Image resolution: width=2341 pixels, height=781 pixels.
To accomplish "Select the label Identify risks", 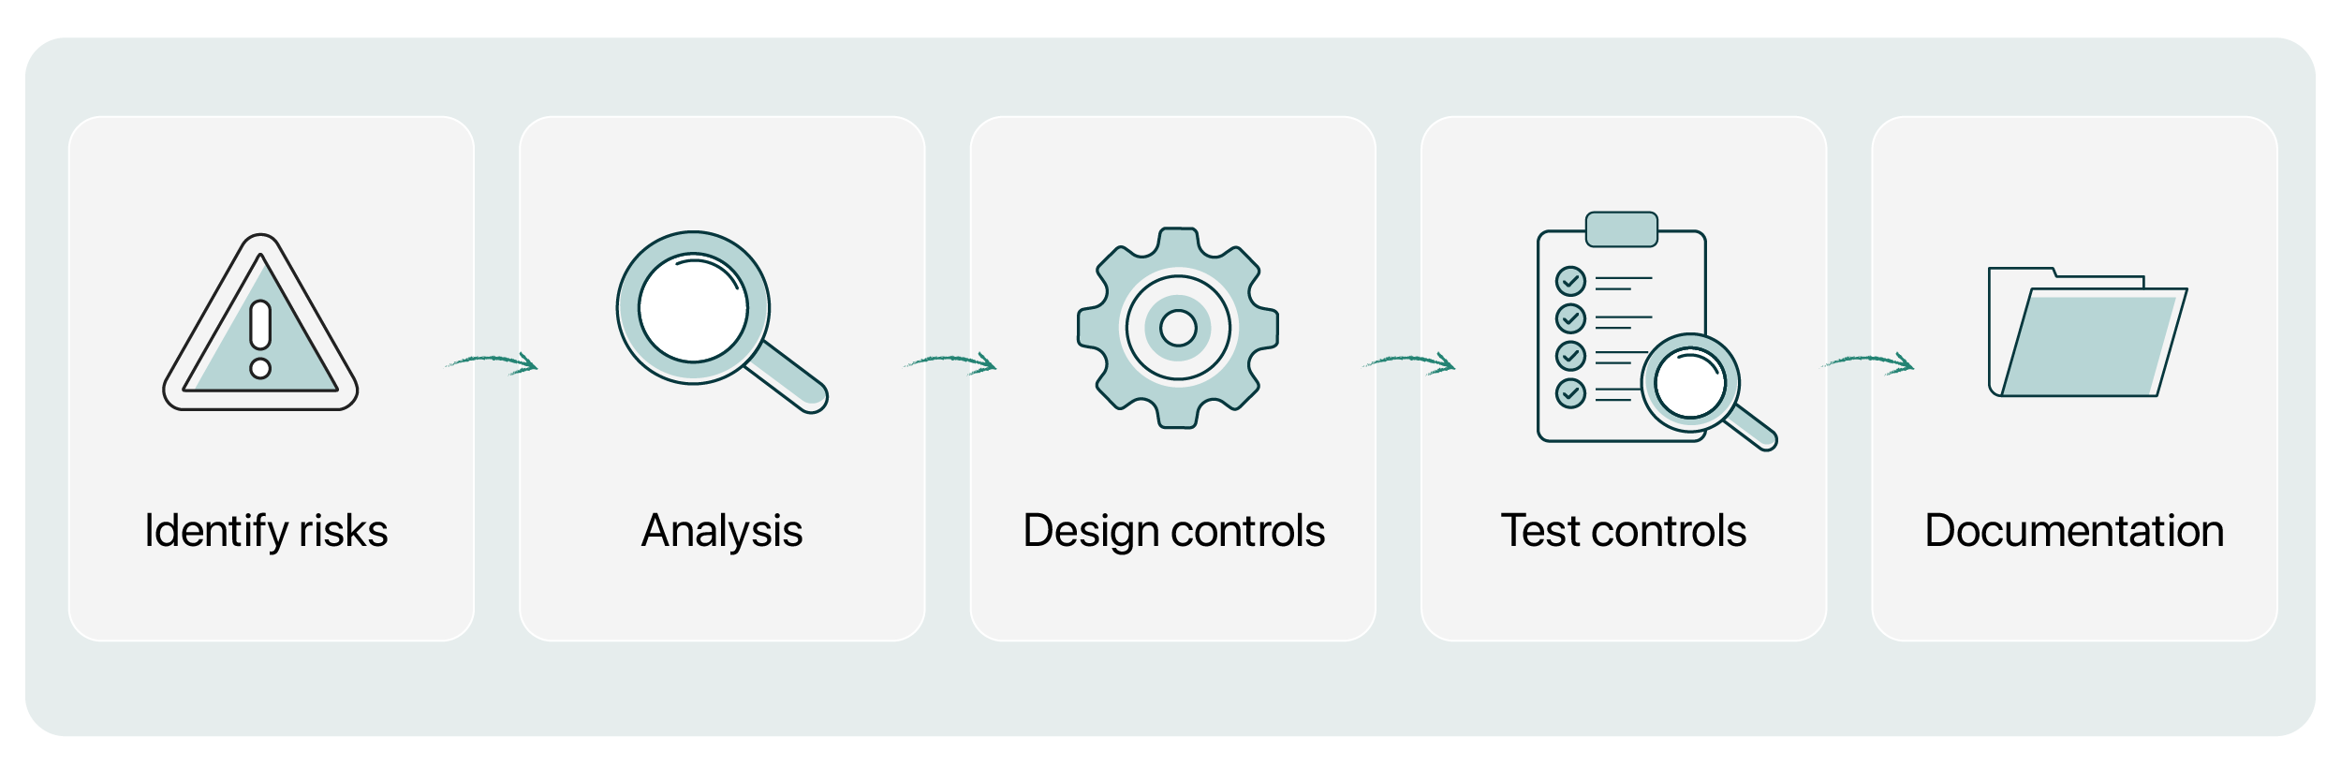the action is (266, 531).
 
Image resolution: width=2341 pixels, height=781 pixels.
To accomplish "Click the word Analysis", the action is (722, 531).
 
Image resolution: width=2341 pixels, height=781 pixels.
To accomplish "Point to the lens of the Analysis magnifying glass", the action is (693, 308).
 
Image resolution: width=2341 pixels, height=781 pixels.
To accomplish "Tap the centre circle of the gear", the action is (1178, 328).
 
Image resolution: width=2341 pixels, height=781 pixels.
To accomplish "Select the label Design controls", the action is (1174, 531).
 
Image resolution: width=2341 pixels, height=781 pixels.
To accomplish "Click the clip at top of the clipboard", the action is (1622, 229).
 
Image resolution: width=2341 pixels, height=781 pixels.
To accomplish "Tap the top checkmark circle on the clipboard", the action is (1570, 281).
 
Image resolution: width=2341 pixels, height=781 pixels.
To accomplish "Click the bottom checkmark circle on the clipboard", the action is (1570, 393).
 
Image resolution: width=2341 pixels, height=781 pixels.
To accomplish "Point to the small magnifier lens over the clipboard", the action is (1690, 383).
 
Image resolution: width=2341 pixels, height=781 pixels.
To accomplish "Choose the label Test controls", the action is (1624, 531).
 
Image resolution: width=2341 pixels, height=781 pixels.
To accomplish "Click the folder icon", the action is (2087, 332).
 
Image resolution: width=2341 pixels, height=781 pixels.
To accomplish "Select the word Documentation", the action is (2074, 531).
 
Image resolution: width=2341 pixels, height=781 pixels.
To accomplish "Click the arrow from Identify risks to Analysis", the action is (493, 360).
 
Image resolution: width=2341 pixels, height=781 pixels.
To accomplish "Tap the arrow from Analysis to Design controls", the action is (951, 360).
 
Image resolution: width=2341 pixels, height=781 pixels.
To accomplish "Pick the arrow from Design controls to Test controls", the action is (1410, 360).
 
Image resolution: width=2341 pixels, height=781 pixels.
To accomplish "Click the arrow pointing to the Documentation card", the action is (1869, 360).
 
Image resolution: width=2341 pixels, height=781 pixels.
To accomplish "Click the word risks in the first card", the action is (344, 531).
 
